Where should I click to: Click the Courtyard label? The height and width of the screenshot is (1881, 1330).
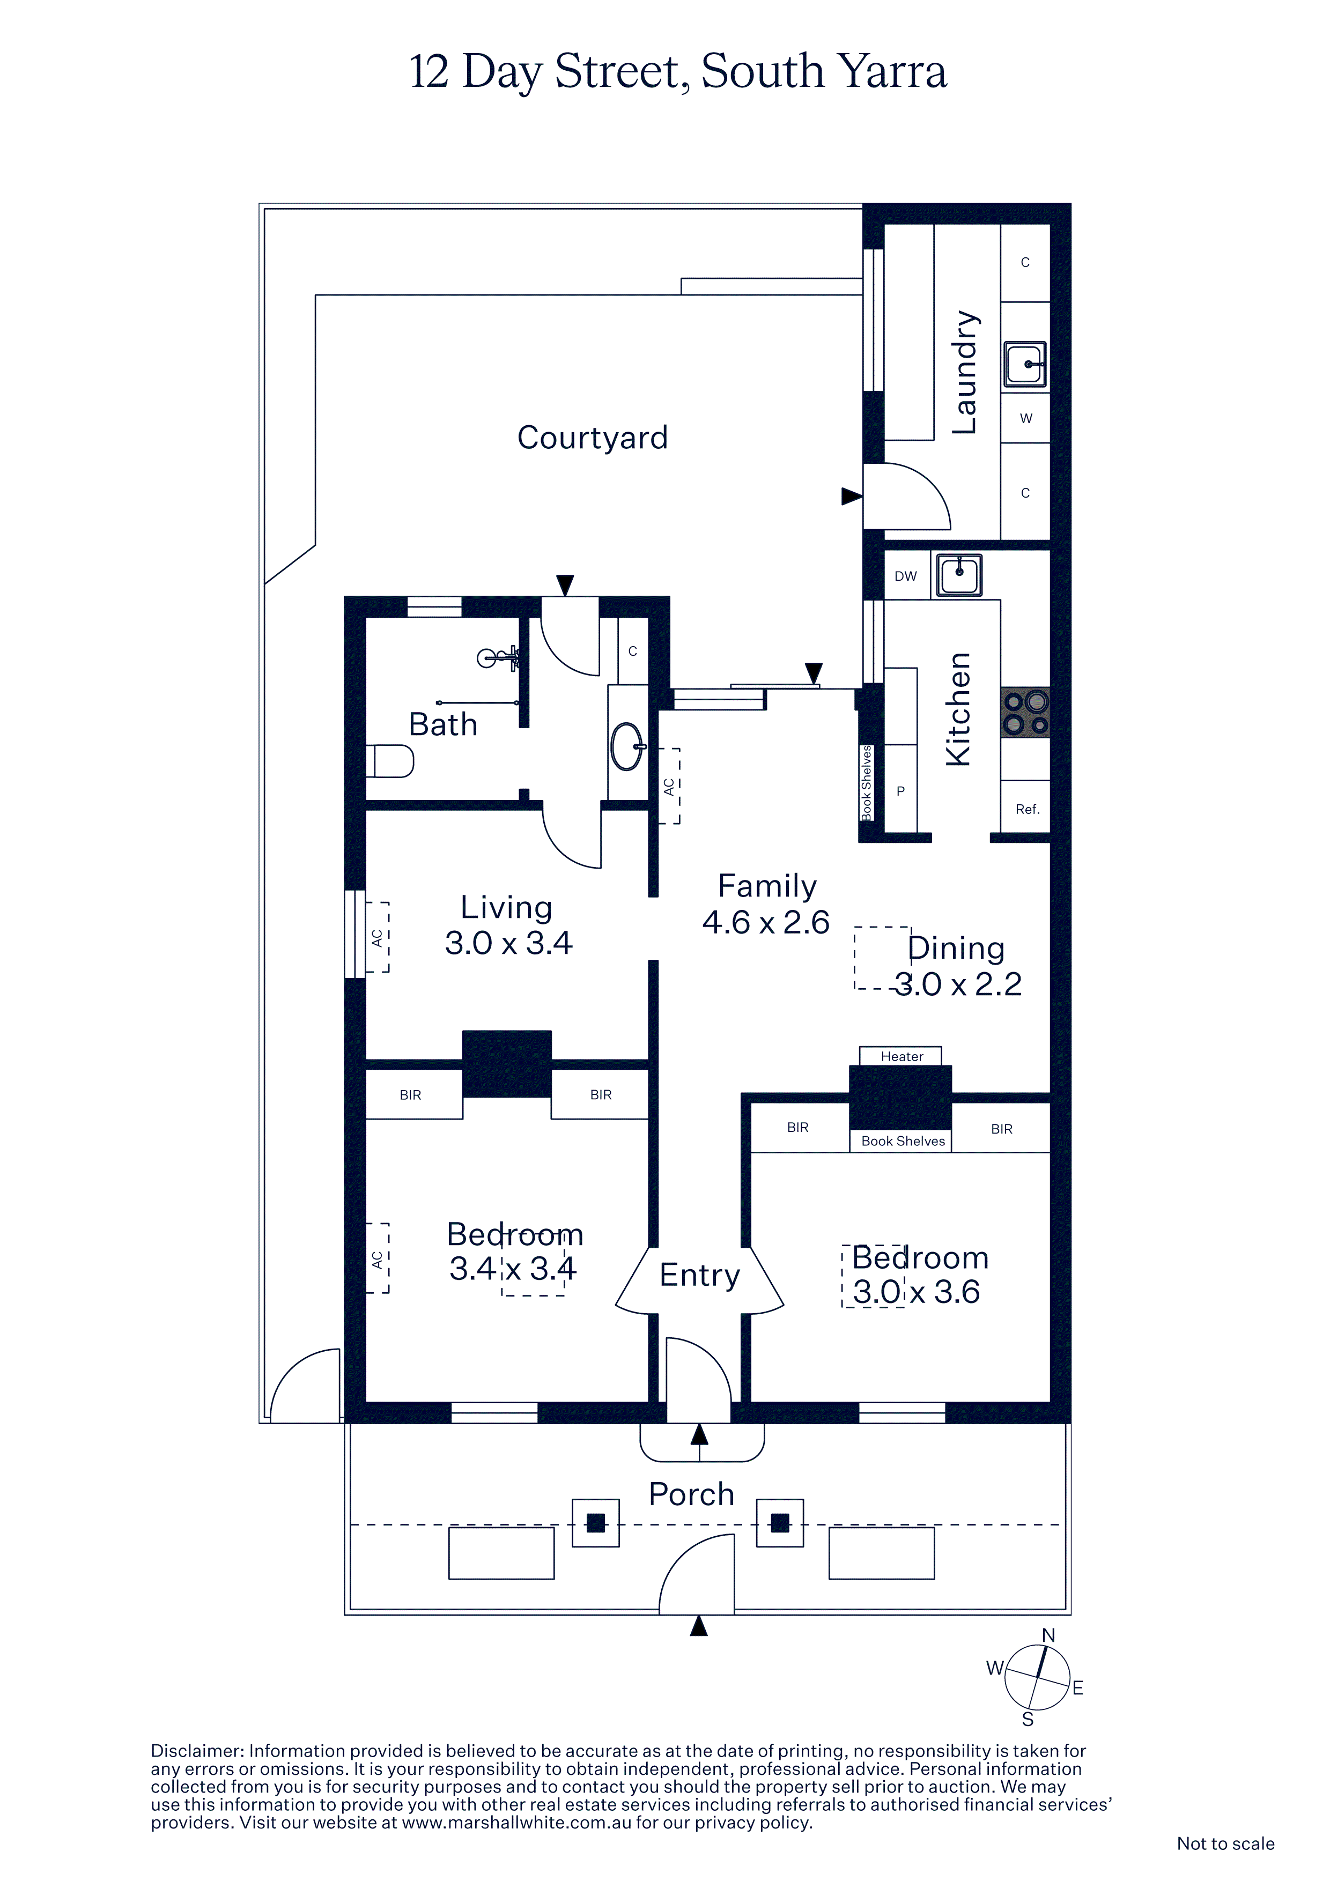(x=593, y=438)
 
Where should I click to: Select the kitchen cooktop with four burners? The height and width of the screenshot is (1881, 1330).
(x=1025, y=713)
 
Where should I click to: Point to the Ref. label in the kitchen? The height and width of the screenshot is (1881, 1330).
(x=1027, y=810)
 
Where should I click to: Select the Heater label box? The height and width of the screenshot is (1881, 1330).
(x=900, y=1056)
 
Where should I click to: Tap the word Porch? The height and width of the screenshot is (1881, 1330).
(x=692, y=1494)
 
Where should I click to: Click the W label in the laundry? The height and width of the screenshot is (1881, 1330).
(x=1026, y=419)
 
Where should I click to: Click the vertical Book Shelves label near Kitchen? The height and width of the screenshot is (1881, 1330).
(x=866, y=782)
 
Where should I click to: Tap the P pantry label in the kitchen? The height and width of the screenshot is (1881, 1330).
(x=900, y=791)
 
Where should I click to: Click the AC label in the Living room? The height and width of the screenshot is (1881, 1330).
(x=378, y=937)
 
